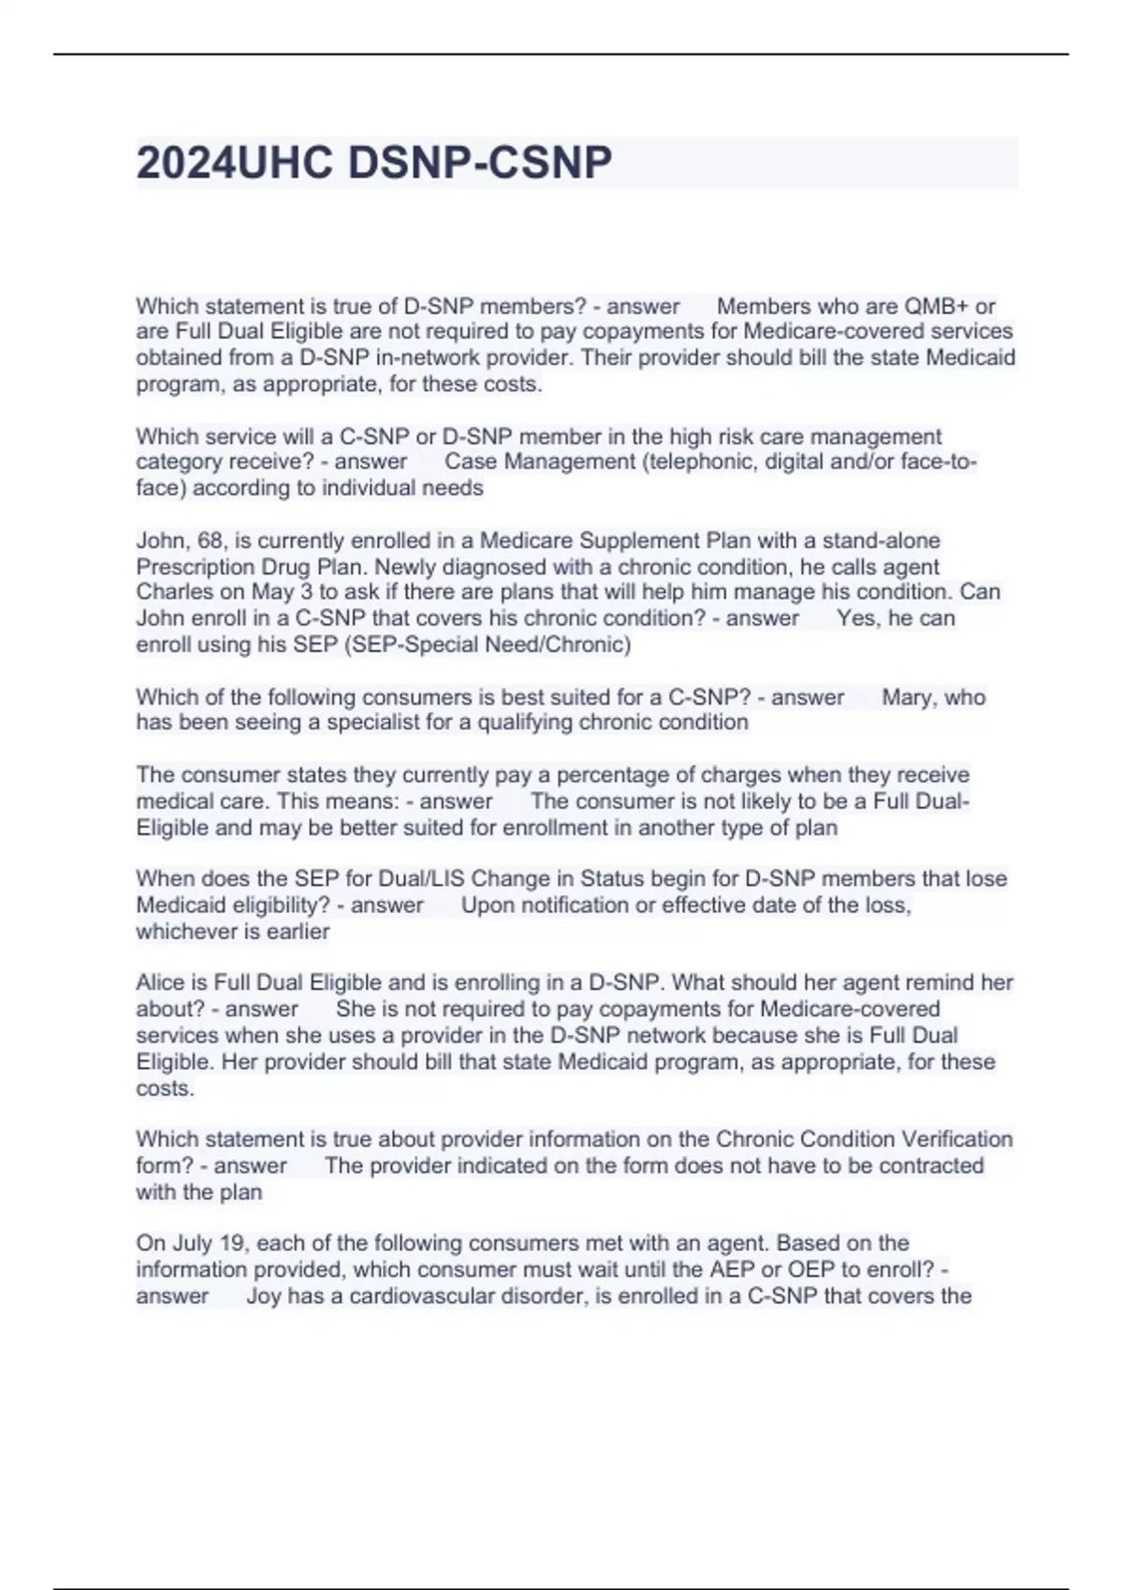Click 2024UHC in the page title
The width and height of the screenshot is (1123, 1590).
click(235, 163)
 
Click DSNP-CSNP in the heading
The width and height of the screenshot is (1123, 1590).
click(480, 163)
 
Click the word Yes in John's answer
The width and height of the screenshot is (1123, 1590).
click(856, 618)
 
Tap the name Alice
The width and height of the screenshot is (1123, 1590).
click(161, 983)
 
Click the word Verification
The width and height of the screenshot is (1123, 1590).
click(956, 1139)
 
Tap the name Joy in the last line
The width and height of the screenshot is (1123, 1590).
click(263, 1296)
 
